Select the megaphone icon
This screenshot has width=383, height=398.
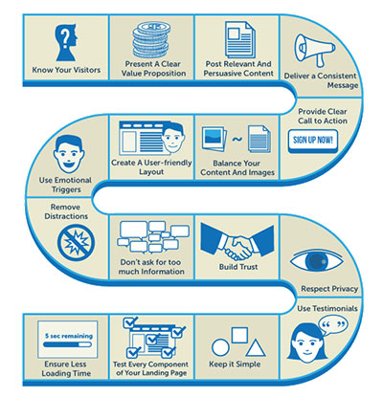click(x=314, y=50)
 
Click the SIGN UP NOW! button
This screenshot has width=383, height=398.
click(x=313, y=141)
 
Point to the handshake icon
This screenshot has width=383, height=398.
click(x=237, y=242)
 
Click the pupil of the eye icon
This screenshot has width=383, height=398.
click(x=317, y=261)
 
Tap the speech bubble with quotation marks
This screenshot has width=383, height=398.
click(x=333, y=325)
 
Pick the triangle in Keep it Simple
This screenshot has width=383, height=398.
click(x=256, y=348)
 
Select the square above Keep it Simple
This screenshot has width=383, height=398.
click(x=239, y=335)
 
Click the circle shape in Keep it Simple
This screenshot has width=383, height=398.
click(x=220, y=347)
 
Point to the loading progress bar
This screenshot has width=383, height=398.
click(x=67, y=344)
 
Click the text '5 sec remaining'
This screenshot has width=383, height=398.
click(x=69, y=336)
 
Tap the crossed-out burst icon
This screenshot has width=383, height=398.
click(x=76, y=243)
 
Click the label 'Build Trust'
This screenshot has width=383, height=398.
click(x=238, y=267)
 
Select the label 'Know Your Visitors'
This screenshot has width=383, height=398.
click(x=66, y=70)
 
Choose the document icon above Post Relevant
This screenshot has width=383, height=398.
click(x=240, y=39)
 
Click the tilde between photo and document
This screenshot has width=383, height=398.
click(x=237, y=139)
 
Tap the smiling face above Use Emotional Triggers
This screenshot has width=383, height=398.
click(x=69, y=155)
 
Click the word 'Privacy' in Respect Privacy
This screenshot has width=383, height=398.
click(x=343, y=289)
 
